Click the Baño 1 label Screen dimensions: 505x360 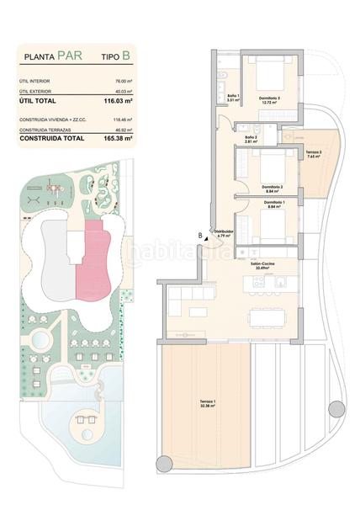(x=233, y=98)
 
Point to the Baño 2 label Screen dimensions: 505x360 (x=251, y=139)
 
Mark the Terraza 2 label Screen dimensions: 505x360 (x=315, y=153)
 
